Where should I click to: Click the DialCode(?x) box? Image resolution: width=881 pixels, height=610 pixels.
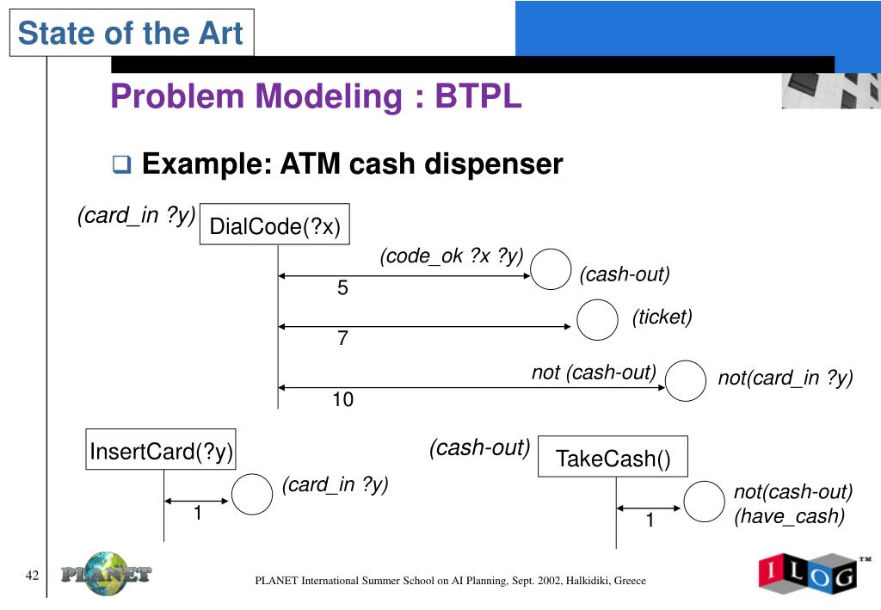(x=275, y=227)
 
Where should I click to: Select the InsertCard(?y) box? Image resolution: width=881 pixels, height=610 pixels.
(x=162, y=451)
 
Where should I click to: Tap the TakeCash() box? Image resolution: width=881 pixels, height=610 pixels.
(x=613, y=458)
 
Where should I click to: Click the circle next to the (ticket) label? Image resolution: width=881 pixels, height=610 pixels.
(x=597, y=320)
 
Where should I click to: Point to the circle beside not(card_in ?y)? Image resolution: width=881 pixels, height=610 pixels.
(x=687, y=380)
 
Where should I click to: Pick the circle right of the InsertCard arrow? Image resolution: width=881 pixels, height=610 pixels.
(x=252, y=495)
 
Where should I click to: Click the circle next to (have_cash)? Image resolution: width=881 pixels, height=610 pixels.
(x=705, y=502)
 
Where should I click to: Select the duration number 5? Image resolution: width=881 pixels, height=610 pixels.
(x=342, y=289)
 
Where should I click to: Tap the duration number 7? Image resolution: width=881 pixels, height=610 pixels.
(x=342, y=339)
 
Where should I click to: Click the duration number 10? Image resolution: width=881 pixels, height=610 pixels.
(x=343, y=400)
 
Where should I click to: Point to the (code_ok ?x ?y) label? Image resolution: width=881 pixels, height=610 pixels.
(x=452, y=256)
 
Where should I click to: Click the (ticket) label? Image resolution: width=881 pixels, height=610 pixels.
(x=662, y=317)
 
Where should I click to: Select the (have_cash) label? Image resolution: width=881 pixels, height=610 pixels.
(x=789, y=516)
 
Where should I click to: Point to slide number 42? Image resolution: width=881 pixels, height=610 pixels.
(x=33, y=576)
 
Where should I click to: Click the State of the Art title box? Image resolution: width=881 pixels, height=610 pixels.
(x=132, y=34)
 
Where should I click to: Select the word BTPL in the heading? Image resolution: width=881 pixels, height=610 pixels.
(x=477, y=96)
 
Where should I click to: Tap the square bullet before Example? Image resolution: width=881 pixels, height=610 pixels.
(x=121, y=163)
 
